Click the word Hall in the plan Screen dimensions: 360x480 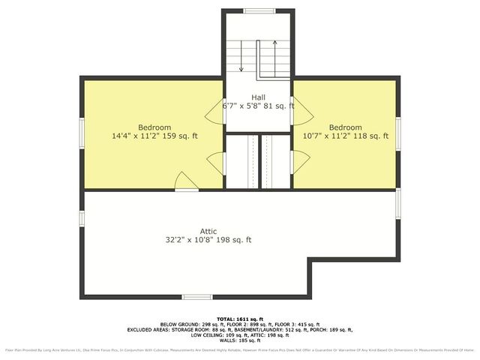tap(258, 97)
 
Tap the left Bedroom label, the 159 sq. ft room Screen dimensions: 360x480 tap(154, 127)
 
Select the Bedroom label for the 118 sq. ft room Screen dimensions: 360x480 tap(345, 127)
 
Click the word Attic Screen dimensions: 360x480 tap(208, 231)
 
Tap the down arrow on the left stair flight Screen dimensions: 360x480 tap(241, 68)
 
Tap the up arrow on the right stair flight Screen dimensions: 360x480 tap(275, 45)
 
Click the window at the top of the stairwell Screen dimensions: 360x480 tap(258, 10)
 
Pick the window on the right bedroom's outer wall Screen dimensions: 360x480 tap(398, 129)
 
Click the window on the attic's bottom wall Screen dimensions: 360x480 tap(196, 297)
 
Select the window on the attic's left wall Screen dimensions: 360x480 tap(82, 217)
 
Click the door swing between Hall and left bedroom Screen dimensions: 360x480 tap(214, 113)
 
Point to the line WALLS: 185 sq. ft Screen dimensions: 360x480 tap(240, 340)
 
